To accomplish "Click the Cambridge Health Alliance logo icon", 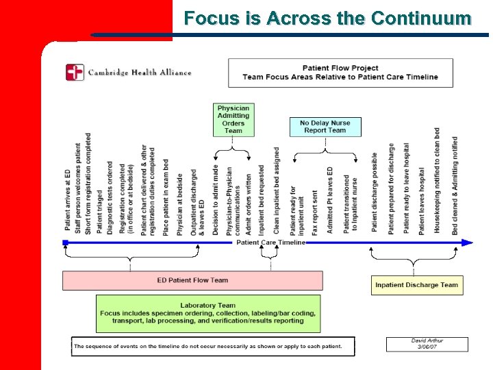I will [x=75, y=72].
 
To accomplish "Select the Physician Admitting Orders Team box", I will [x=233, y=119].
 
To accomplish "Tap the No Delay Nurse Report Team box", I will [x=325, y=127].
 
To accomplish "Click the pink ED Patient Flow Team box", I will [x=192, y=280].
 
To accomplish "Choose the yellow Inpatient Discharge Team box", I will [x=416, y=285].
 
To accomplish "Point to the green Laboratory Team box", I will [x=207, y=313].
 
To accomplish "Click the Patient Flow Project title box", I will [x=340, y=73].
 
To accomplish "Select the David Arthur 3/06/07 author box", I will [x=427, y=344].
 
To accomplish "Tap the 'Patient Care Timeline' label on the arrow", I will [x=271, y=243].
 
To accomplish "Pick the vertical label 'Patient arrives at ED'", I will [x=68, y=199].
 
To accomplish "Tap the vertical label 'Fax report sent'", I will [x=315, y=212].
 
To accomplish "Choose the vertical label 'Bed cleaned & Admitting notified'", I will [x=455, y=185].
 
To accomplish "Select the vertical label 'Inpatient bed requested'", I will [x=261, y=199].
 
